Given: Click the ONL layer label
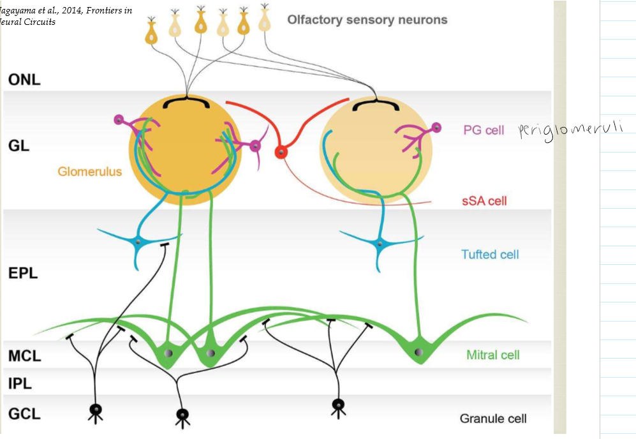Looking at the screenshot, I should coord(24,80).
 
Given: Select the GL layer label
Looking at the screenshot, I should coord(19,145).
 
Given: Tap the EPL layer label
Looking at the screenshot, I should coord(23,273).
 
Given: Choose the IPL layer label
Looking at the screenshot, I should coord(20,383).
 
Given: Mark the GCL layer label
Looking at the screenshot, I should coord(24,413).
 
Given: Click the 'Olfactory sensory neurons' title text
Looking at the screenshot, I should coord(367,20).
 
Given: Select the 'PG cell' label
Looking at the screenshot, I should coord(484,130).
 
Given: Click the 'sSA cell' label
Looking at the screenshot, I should coord(485,201).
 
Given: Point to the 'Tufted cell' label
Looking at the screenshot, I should coord(490,255).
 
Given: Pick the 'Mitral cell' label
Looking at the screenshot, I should coord(492,355).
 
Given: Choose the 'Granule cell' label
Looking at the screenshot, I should coord(493,419).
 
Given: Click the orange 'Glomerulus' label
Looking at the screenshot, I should coord(89,172).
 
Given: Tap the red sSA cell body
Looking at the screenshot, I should coord(280,152).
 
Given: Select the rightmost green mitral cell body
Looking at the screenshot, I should coord(418,352).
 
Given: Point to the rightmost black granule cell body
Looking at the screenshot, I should coord(338,404).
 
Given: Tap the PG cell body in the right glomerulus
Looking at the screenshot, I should coord(436,128).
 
